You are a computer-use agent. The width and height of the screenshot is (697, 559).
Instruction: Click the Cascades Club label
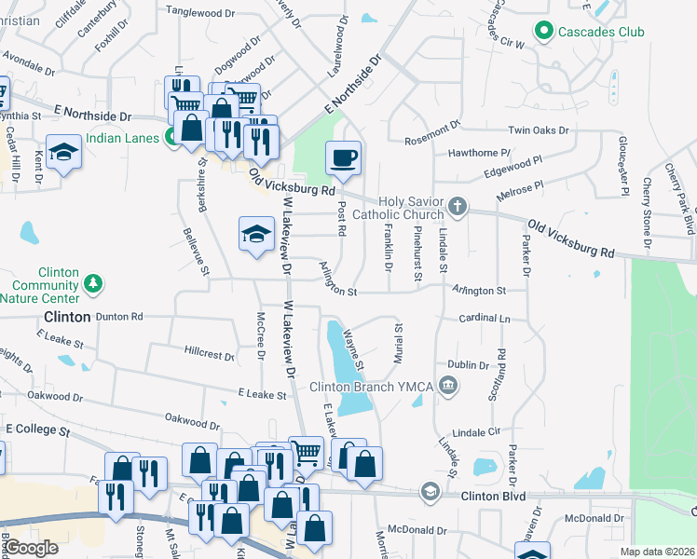[601, 32]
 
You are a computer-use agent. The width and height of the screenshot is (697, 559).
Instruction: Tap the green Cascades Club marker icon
[543, 32]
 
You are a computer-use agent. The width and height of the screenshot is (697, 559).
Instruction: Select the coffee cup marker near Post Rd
[344, 157]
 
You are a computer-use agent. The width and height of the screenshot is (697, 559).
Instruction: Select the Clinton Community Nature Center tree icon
[91, 281]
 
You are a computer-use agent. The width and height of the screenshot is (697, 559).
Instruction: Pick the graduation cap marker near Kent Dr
[64, 153]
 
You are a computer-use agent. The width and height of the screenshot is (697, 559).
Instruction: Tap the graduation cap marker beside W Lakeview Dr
[257, 234]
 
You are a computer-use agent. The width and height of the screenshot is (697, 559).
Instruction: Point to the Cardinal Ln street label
[485, 319]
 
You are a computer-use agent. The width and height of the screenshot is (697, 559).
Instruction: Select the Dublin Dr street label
[469, 365]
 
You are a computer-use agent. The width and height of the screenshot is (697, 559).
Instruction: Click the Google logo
[31, 549]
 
